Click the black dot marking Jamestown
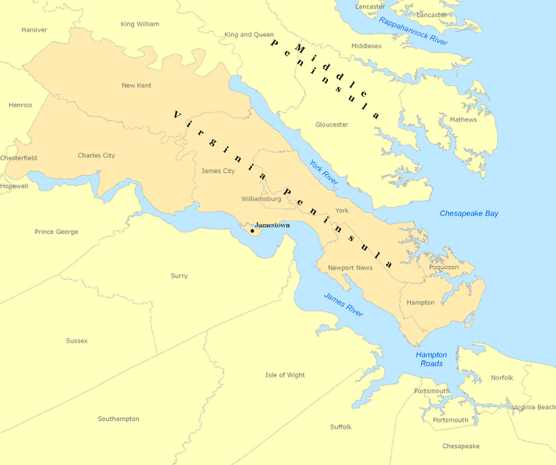[x=253, y=230]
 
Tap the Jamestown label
[x=272, y=225]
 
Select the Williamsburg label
[x=261, y=199]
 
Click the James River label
[x=344, y=303]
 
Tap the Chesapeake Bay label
[x=469, y=213]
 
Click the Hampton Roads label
[x=431, y=359]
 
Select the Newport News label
[x=350, y=268]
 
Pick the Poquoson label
[x=444, y=267]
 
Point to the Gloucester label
[x=332, y=124]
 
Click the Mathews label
[x=463, y=119]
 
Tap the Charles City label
[x=96, y=156]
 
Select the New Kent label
[x=136, y=85]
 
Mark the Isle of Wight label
[x=285, y=375]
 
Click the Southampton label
[x=119, y=418]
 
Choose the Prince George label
[x=57, y=232]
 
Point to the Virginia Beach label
[x=534, y=407]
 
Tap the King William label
[x=140, y=24]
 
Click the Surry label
[x=179, y=276]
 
